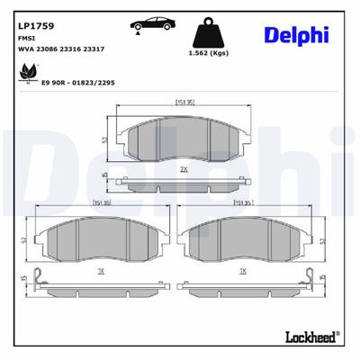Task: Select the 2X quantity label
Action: (184, 167)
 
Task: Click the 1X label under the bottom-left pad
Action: (101, 270)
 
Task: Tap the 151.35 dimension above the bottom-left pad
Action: (101, 203)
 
